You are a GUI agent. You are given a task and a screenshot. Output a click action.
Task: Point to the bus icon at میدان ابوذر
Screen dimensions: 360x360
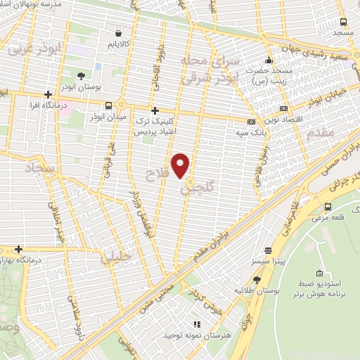click(108, 105)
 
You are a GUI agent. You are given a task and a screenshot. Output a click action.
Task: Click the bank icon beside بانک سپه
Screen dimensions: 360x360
click(251, 122)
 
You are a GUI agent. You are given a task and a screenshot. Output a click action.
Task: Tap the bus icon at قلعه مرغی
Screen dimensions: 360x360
click(328, 206)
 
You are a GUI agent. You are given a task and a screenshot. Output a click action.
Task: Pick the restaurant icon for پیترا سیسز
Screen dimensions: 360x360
click(268, 250)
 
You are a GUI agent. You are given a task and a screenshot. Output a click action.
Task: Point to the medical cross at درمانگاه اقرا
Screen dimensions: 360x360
click(48, 94)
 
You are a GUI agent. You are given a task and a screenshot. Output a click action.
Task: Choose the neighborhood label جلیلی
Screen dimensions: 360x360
click(115, 257)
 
